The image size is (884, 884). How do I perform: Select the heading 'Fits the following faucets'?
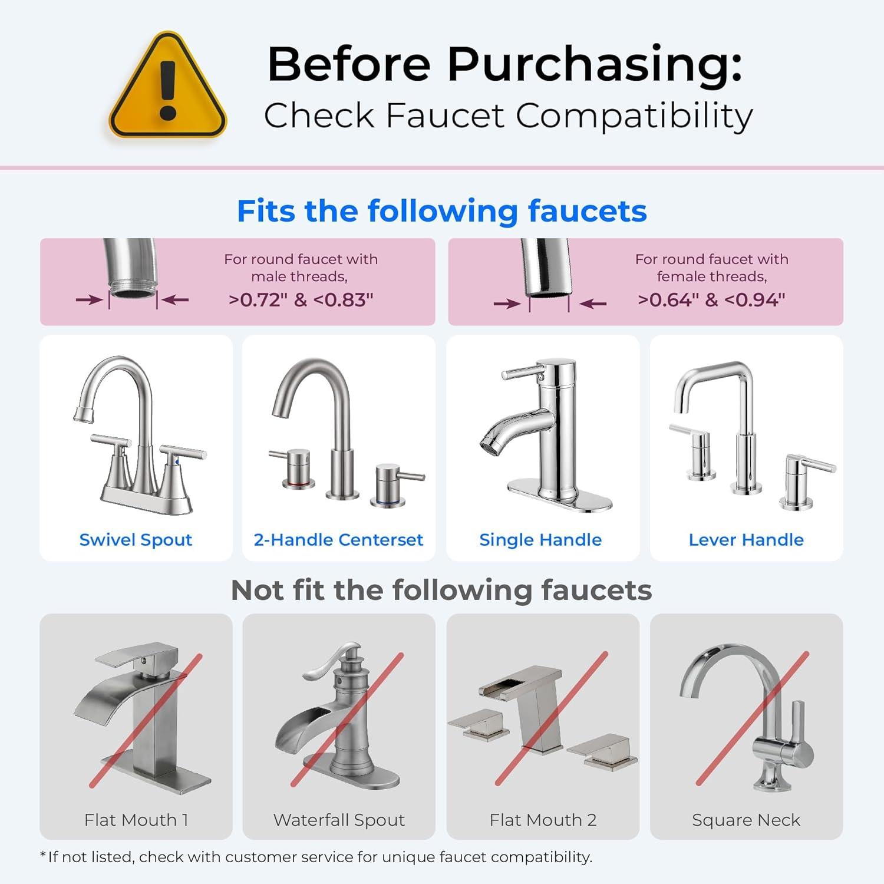[441, 211]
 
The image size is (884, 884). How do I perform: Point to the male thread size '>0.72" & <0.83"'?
[301, 300]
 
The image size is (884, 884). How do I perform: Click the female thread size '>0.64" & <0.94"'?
[711, 300]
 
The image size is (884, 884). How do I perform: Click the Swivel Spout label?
[136, 540]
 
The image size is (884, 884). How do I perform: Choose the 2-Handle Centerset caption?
[338, 540]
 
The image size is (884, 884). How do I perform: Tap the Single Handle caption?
[540, 540]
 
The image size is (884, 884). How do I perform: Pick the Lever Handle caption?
[746, 540]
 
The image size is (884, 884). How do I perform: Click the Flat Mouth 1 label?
[136, 820]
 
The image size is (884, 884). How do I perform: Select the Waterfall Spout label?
[339, 820]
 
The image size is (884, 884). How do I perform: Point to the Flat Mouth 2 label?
[543, 820]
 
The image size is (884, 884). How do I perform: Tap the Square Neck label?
[746, 820]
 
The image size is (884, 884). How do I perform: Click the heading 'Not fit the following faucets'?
[441, 590]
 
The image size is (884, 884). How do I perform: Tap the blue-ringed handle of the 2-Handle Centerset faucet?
[390, 487]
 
